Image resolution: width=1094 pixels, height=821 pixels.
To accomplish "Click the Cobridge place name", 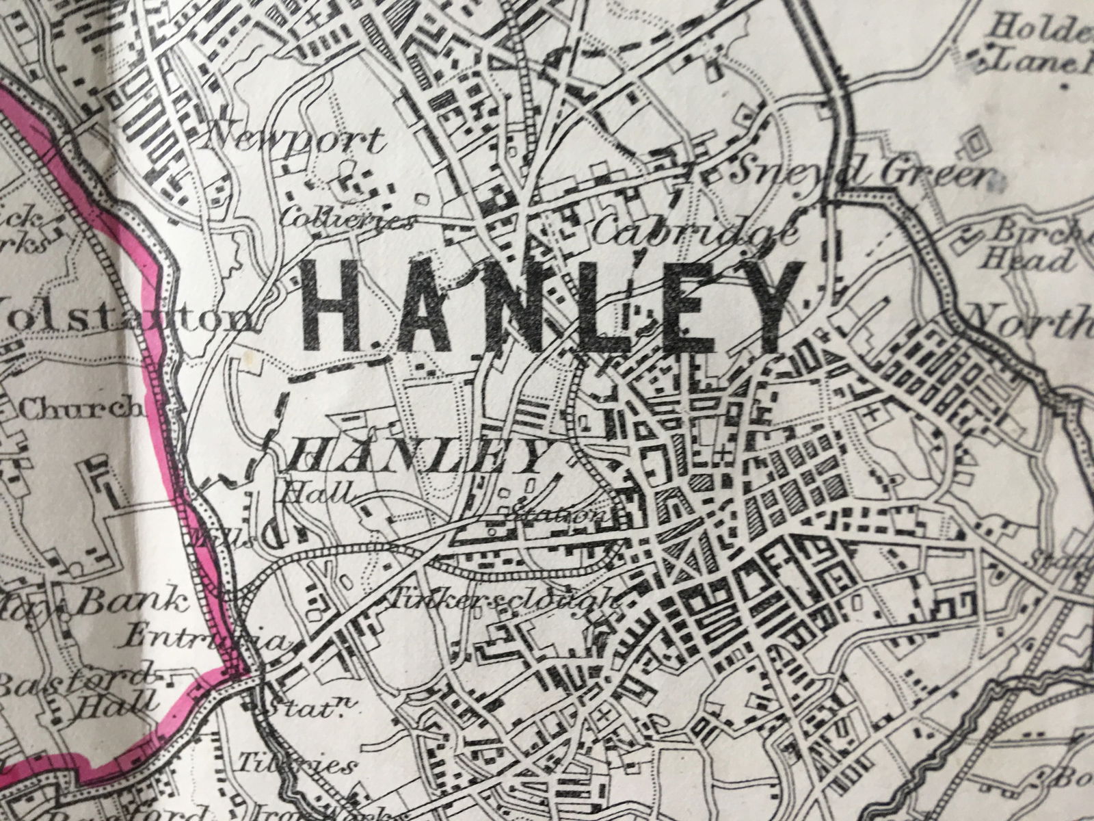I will click(x=694, y=233).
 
